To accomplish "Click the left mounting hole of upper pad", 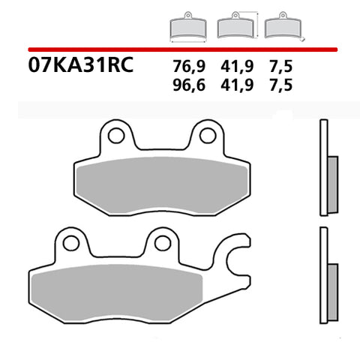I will pos(115,136).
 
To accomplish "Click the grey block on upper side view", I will pos(332,180).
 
